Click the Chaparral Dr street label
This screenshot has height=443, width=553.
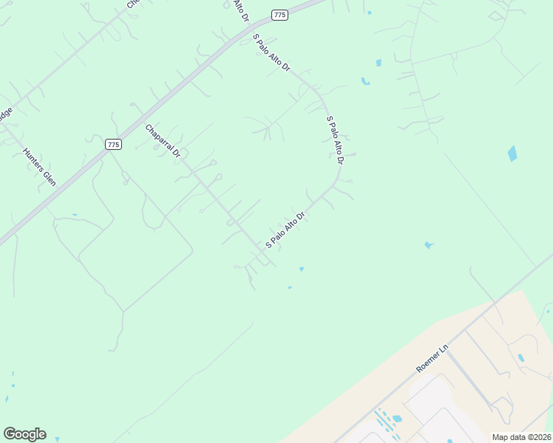163,141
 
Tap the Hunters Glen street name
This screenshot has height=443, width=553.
39,167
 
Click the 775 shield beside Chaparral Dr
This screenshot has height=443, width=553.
112,145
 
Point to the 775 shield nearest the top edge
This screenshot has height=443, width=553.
279,15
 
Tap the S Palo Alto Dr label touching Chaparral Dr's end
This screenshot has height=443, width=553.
285,230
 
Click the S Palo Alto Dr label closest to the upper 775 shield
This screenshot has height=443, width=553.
271,52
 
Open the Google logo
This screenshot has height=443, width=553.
24,434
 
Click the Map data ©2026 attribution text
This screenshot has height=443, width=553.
521,437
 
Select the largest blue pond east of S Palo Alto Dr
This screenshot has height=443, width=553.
512,154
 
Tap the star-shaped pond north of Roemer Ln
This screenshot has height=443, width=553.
428,244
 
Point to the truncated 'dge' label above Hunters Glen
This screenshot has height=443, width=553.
6,114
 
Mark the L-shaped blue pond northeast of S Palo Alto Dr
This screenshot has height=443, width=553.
364,80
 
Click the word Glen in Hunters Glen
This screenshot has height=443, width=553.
49,177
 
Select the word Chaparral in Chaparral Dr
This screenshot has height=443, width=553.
159,137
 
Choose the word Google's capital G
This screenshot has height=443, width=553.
10,433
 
